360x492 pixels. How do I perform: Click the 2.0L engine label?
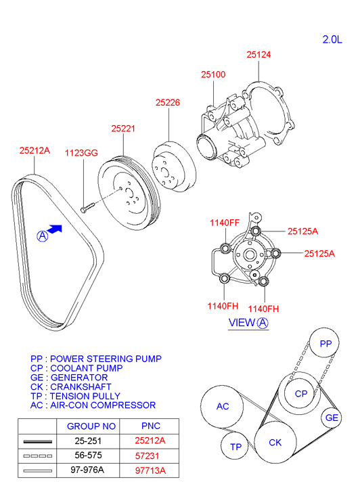point(332,39)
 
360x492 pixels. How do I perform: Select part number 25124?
point(258,55)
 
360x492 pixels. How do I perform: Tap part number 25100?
point(213,74)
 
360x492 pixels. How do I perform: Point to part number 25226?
point(168,102)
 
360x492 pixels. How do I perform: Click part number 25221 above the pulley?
point(123,129)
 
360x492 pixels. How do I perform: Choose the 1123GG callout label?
point(81,153)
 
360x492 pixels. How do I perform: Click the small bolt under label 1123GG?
point(87,208)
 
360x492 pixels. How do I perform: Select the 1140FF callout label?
point(225,223)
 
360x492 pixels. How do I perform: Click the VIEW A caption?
point(248,323)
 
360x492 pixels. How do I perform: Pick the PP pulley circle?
point(325,343)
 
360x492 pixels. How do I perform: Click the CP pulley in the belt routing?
point(300,393)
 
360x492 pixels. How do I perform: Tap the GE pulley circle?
point(332,418)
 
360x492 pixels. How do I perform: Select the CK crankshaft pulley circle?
point(275,442)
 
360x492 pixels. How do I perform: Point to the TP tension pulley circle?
point(235,446)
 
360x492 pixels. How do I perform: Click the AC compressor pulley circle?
point(222,407)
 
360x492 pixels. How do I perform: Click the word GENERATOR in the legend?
point(79,378)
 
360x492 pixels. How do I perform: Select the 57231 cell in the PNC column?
point(148,455)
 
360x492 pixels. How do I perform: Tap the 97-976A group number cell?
point(87,470)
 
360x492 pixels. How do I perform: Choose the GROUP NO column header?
point(91,426)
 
